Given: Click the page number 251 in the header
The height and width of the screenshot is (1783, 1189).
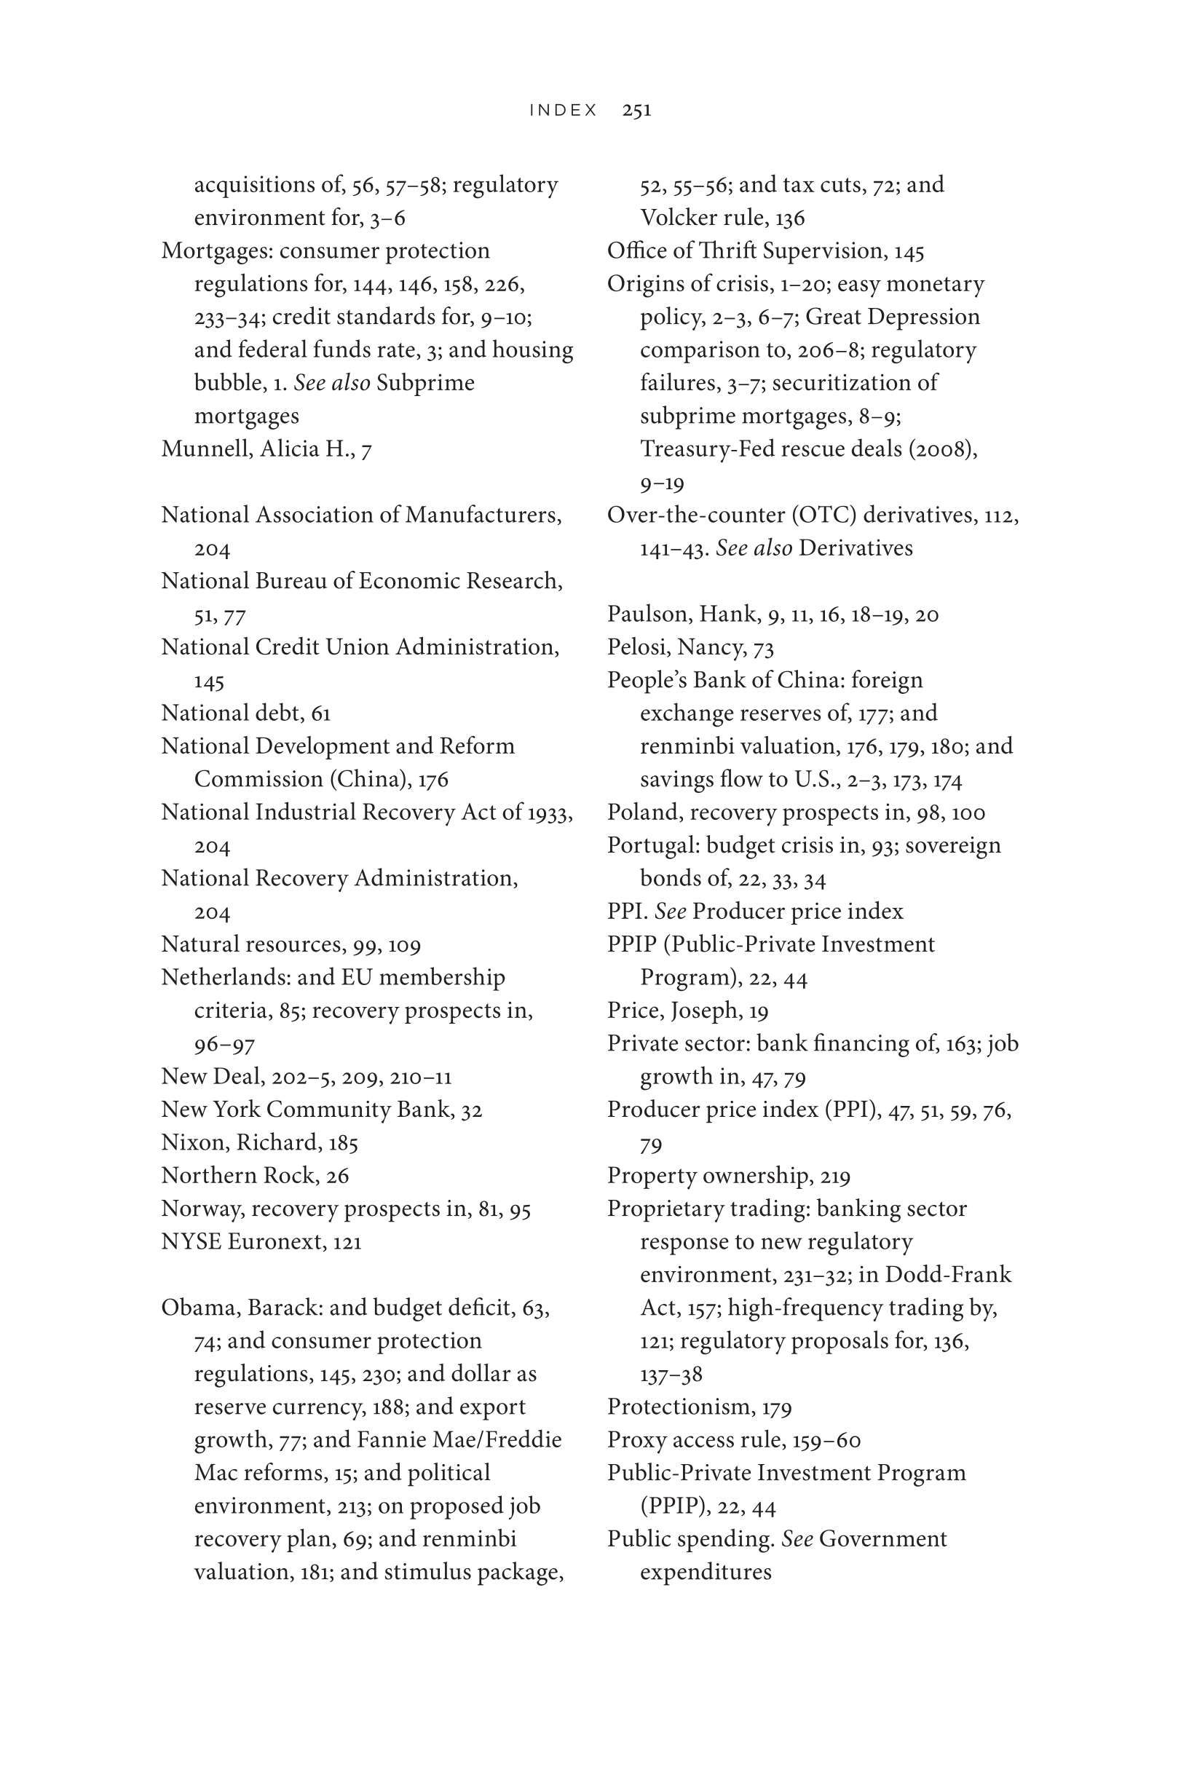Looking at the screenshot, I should (x=636, y=111).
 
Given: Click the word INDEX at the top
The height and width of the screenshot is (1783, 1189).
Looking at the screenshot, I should (x=564, y=111).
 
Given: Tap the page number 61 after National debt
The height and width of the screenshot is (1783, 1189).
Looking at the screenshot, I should (x=320, y=713).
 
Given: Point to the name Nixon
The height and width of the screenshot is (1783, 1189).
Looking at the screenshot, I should (x=190, y=1142).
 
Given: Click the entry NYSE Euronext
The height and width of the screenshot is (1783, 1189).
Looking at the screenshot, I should (x=261, y=1242).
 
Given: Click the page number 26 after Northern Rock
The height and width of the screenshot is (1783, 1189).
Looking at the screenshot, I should (x=336, y=1176).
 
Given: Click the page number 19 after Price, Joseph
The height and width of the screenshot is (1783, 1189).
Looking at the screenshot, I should (x=758, y=1011).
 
